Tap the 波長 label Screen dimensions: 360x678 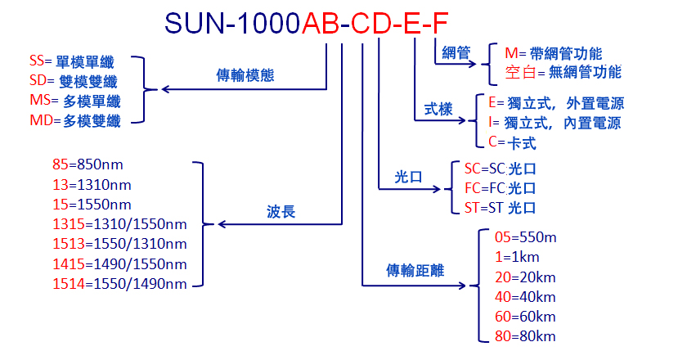tap(281, 213)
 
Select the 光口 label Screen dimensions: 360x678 tap(407, 177)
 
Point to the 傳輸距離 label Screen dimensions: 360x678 tap(415, 271)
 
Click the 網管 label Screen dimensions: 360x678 tap(455, 53)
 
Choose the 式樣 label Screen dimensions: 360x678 tap(438, 109)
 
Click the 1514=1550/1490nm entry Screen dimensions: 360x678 tap(119, 284)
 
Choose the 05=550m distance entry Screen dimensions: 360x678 tap(525, 238)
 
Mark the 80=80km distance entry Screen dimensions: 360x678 tap(525, 336)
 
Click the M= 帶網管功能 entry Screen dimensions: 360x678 tap(553, 54)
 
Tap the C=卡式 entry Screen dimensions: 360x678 tap(510, 142)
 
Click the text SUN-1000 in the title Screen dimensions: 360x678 tap(231, 23)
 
